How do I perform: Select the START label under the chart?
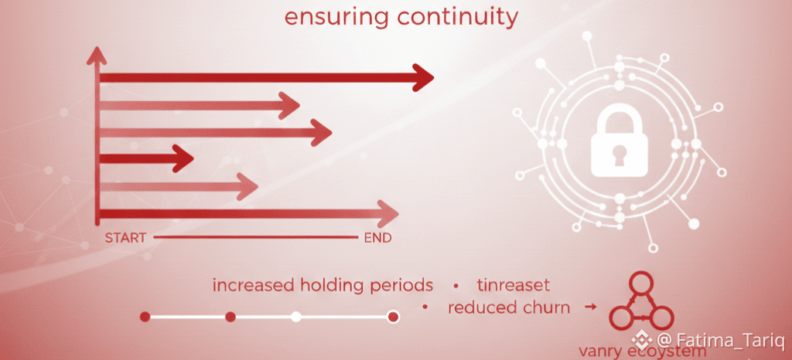click(125, 238)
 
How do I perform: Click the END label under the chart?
click(377, 238)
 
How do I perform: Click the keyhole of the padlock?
click(620, 152)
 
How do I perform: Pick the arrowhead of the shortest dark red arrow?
click(184, 159)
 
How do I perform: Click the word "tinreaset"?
click(514, 285)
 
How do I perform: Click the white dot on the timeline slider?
click(295, 317)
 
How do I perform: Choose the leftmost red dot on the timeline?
click(145, 317)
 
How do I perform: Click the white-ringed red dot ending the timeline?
click(393, 317)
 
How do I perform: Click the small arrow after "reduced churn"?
click(591, 307)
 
